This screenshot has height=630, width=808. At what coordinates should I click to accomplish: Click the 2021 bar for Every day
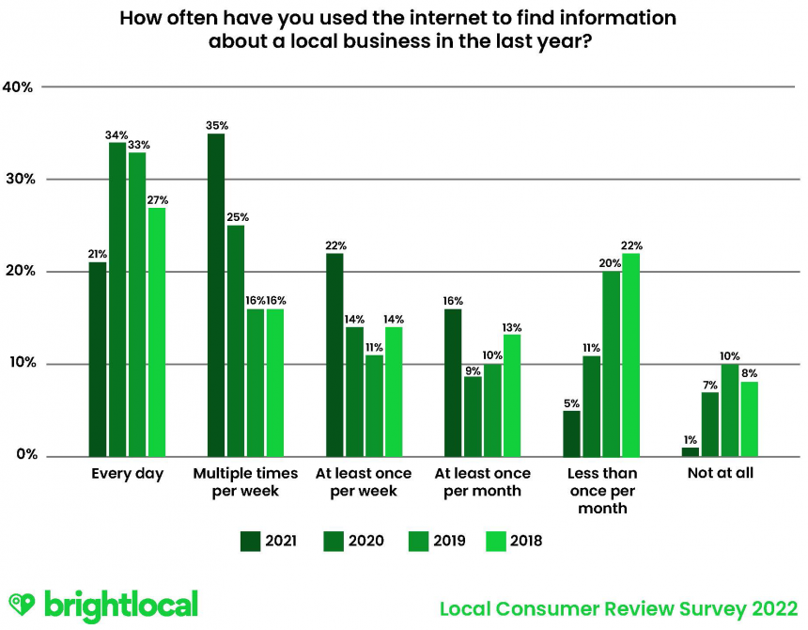tap(98, 359)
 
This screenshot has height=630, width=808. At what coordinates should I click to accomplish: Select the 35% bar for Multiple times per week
tap(216, 295)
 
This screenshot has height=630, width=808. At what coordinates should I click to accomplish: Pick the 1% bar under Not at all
tap(691, 452)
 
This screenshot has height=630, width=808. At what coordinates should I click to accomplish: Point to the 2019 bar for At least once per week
tap(374, 406)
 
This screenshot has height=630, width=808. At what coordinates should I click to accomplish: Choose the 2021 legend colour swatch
tap(251, 541)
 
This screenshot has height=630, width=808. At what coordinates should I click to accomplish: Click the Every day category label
tap(127, 474)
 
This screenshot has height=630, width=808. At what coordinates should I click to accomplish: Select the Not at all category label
tap(720, 474)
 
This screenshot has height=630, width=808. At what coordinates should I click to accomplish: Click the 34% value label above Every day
tap(117, 134)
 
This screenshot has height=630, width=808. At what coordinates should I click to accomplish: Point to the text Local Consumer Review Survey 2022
tap(619, 607)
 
